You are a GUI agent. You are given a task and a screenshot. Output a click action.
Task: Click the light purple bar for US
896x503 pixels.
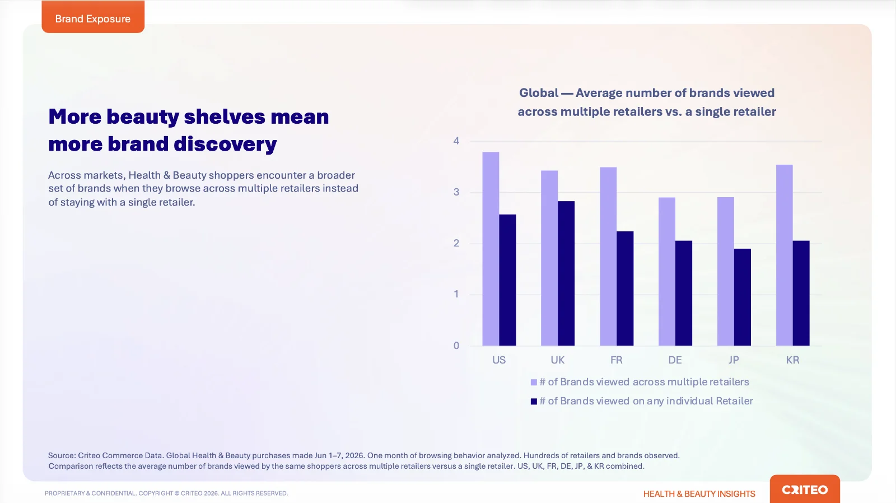(491, 249)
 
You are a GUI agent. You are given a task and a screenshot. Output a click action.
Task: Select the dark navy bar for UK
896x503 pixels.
(566, 273)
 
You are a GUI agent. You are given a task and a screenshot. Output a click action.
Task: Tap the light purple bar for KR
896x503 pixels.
(785, 255)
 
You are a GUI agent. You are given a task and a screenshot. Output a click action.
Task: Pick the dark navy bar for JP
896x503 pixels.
(743, 297)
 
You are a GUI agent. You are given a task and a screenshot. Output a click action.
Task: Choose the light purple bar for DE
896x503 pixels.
(667, 271)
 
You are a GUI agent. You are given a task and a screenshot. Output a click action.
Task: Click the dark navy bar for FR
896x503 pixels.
(625, 288)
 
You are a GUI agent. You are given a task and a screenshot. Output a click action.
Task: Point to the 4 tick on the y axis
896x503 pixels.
(456, 141)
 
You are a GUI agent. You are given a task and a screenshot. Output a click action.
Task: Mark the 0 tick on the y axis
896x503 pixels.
(456, 346)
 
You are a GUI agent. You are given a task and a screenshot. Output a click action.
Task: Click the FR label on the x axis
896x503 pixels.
(617, 360)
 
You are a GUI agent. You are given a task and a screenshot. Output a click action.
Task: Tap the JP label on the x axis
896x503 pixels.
(734, 360)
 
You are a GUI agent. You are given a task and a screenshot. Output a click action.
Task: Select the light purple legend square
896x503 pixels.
(534, 383)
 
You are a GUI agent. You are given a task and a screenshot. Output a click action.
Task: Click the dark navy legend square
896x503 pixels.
(534, 402)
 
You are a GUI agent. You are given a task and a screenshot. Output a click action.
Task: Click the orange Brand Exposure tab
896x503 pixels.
(93, 17)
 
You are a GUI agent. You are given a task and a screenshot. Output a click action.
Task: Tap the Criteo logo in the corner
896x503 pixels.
(805, 490)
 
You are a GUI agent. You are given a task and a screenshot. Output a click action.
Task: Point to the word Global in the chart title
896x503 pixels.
(538, 93)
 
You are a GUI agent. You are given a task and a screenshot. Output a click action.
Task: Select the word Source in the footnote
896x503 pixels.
(62, 455)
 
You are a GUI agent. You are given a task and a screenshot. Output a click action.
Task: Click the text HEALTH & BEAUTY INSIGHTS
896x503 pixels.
(699, 494)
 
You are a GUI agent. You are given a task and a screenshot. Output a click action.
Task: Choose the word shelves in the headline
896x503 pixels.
(225, 117)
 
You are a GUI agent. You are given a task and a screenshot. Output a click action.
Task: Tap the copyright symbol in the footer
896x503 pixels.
(177, 493)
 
